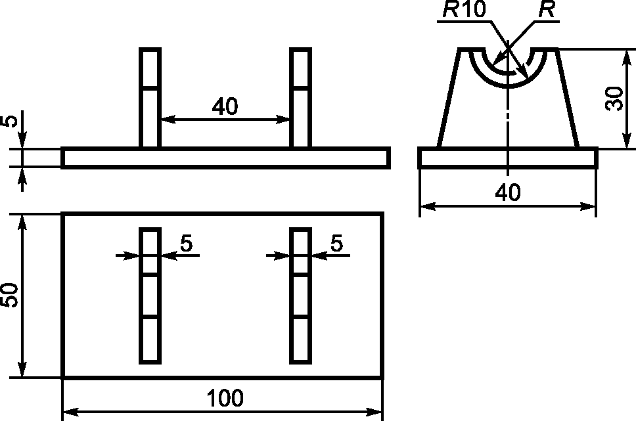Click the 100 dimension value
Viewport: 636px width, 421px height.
click(x=225, y=398)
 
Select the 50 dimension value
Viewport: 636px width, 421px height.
click(x=9, y=296)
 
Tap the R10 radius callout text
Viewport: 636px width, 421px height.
click(x=465, y=9)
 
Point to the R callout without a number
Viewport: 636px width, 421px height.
click(x=547, y=9)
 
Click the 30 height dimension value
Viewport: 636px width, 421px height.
click(x=614, y=99)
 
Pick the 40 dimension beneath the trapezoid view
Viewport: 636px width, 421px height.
click(x=508, y=192)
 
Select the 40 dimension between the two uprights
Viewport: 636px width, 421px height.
click(x=225, y=106)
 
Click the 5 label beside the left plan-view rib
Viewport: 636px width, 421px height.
click(x=187, y=244)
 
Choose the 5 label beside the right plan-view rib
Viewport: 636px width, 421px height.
click(x=337, y=244)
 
